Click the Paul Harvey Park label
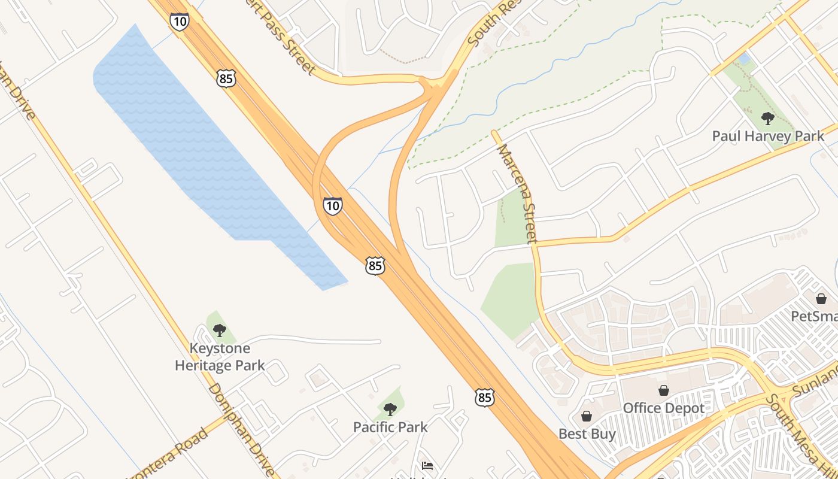point(768,136)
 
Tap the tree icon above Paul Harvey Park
point(767,118)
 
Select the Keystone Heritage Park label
point(220,357)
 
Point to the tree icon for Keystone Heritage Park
point(220,330)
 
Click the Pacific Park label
point(390,427)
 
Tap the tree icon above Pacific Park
point(390,410)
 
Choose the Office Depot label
point(664,408)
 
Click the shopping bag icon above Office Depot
point(664,391)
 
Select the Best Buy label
point(587,433)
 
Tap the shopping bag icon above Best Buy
point(587,416)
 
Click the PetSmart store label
point(814,316)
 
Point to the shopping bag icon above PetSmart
point(821,298)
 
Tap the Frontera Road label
point(171,455)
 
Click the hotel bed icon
point(427,466)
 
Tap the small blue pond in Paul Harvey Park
point(744,59)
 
